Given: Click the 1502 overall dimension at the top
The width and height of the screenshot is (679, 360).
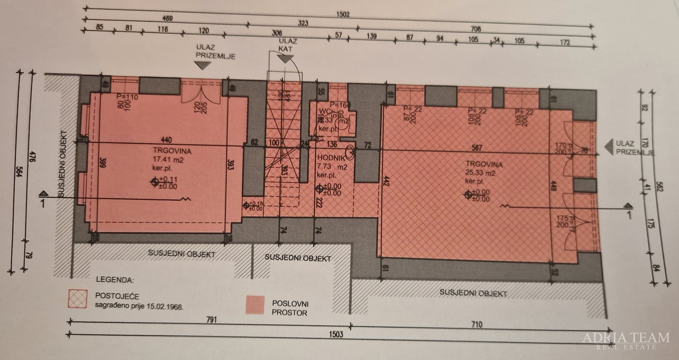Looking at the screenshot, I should [343, 14].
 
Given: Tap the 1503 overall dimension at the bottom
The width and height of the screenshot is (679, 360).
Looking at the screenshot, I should [336, 334].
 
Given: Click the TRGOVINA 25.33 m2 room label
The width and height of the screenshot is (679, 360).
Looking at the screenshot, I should [483, 173].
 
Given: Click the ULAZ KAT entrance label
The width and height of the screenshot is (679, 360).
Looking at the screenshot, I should [287, 45].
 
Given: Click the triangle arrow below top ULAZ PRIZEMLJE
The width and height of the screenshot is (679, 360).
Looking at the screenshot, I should [203, 65].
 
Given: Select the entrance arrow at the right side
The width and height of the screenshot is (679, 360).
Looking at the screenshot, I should [608, 147].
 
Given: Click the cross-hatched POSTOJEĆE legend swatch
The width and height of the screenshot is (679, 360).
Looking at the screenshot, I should [78, 299].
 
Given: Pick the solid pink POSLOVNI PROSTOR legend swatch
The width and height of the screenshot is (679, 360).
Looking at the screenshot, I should [255, 305].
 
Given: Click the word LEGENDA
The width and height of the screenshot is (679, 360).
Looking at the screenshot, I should [115, 280].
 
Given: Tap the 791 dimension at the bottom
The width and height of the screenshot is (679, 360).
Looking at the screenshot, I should [211, 320].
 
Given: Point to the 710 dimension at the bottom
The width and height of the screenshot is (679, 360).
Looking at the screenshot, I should [476, 324].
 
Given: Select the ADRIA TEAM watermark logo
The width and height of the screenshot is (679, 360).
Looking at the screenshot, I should [626, 340].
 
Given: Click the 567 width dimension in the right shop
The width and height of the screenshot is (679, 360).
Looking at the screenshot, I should [476, 147].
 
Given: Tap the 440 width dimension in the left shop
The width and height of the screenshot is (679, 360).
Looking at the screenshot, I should [167, 140].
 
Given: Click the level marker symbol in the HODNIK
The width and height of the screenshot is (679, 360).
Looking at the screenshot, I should [319, 189].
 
